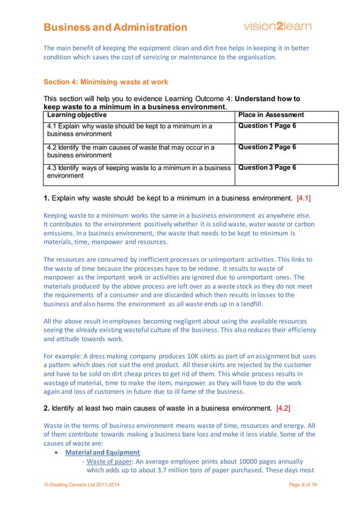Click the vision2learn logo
277,26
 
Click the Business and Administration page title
115,27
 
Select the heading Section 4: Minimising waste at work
106,82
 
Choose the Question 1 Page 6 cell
267,126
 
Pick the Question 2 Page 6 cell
267,147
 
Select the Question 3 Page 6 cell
267,168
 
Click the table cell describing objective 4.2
130,151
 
